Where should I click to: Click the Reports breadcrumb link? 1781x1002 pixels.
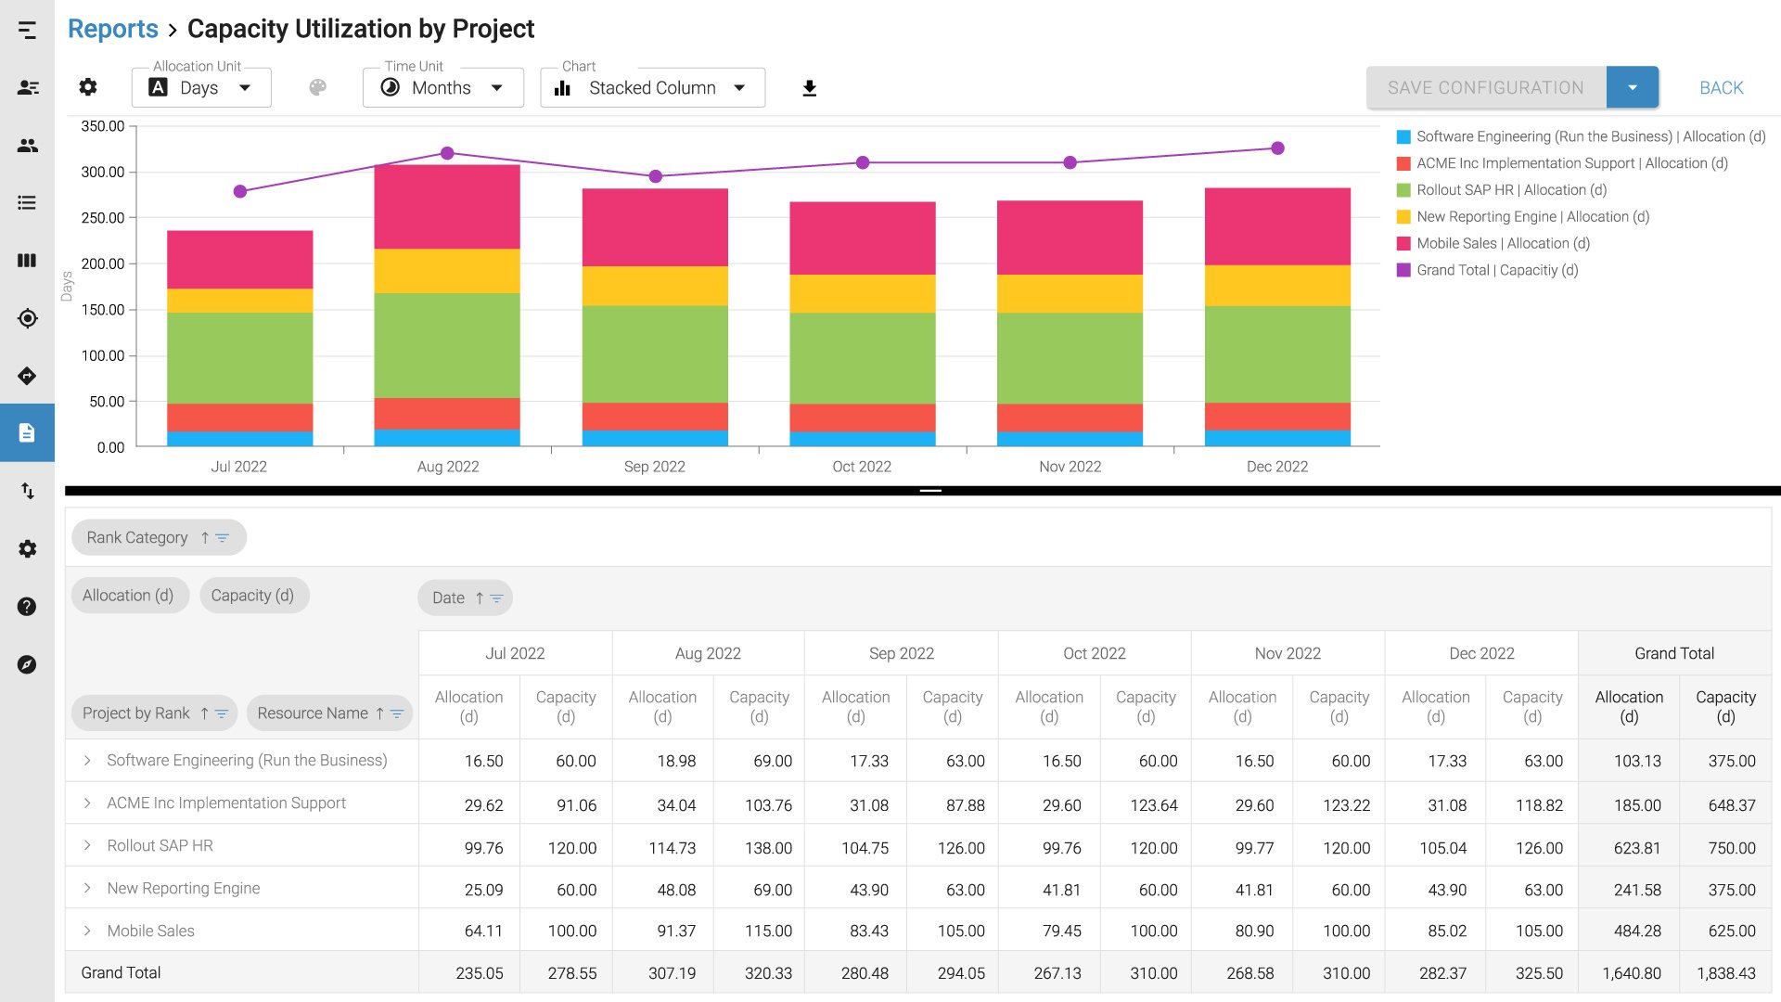tap(112, 29)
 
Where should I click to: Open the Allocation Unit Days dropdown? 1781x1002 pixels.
tap(201, 88)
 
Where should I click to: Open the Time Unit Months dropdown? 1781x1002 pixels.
tap(442, 88)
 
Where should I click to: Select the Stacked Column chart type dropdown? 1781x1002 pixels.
tap(652, 88)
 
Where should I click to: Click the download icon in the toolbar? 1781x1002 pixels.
tap(809, 88)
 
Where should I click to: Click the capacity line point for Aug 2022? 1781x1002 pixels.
tap(447, 153)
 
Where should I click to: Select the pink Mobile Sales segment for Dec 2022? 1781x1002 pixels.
tap(1276, 226)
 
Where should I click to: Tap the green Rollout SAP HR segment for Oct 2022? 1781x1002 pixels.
tap(862, 357)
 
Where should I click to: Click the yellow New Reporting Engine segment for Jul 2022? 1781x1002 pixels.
tap(239, 301)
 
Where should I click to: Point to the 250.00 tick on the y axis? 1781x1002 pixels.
tap(103, 218)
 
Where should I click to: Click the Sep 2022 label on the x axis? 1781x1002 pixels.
tap(654, 467)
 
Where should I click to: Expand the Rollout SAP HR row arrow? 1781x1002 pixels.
tap(87, 845)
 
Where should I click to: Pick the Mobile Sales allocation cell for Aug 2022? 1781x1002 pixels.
tap(676, 931)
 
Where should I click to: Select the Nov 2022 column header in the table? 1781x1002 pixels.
tap(1287, 653)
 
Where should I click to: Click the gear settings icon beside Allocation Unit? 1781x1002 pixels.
tap(88, 87)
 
